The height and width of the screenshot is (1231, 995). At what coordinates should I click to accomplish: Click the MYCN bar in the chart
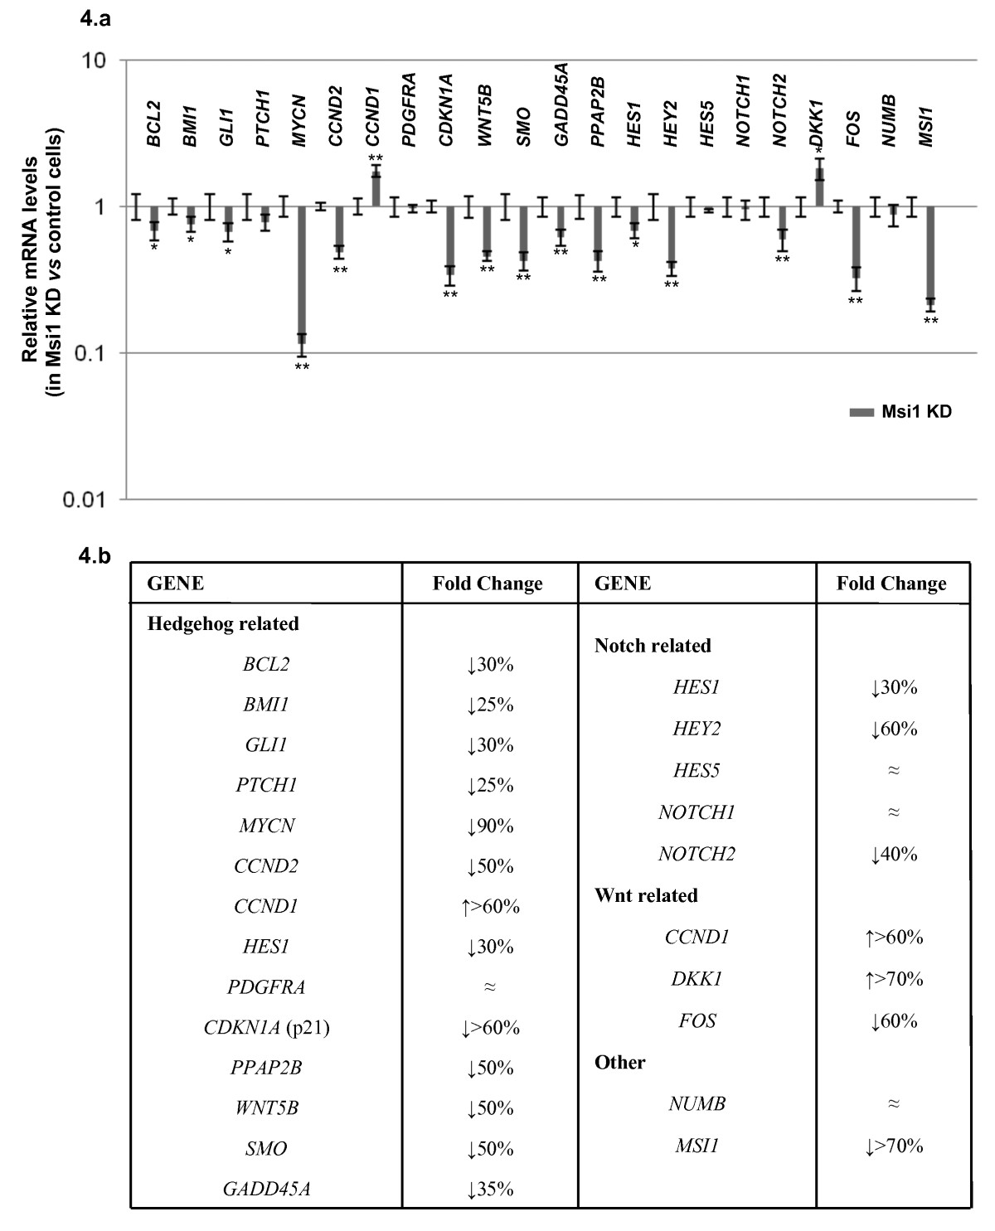(301, 270)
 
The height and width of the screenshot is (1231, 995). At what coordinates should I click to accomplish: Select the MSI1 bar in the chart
(930, 253)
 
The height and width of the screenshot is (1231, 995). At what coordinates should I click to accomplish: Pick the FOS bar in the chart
(856, 238)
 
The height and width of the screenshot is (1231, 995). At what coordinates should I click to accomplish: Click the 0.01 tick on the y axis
(85, 499)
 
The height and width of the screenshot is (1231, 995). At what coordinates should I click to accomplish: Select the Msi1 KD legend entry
(900, 411)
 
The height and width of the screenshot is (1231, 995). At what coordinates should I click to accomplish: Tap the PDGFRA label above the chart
(409, 109)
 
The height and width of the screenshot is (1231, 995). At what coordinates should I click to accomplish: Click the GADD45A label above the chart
(561, 104)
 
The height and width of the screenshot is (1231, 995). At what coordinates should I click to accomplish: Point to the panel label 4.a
(95, 19)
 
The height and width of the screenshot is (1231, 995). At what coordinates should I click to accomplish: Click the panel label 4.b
(95, 556)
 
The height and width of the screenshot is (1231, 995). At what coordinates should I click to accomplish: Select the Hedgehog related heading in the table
(223, 623)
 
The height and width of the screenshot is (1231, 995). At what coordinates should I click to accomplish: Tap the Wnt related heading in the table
(646, 895)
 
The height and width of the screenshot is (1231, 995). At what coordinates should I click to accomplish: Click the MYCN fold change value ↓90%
(490, 826)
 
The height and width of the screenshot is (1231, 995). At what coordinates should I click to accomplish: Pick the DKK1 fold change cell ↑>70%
(894, 979)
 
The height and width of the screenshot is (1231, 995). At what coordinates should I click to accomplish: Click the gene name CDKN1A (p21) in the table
(266, 1028)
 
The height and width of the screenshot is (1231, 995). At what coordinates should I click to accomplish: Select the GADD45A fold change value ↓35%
(490, 1189)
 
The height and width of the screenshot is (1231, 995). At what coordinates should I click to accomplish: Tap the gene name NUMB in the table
(696, 1104)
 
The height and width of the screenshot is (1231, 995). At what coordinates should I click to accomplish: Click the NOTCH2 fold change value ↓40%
(894, 854)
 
